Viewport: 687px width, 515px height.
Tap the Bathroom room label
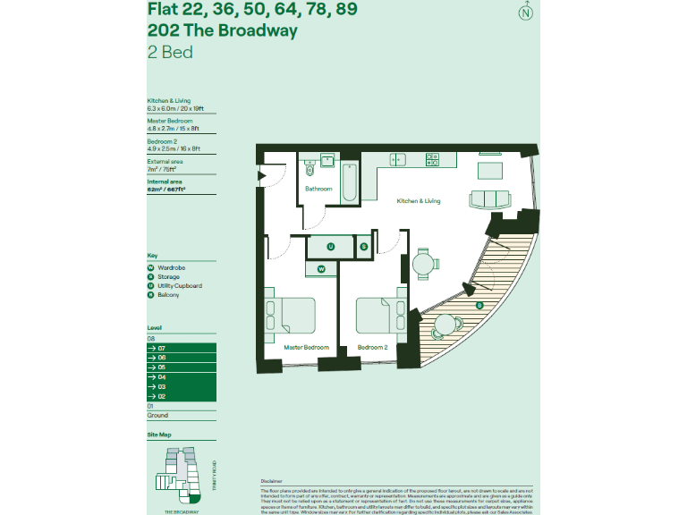point(318,189)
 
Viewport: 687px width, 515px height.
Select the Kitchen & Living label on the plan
point(419,201)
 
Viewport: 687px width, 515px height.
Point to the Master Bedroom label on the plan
point(306,347)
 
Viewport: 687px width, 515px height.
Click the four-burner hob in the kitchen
point(433,160)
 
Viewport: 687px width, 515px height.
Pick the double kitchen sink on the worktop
point(397,160)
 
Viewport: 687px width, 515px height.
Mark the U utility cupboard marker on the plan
point(330,247)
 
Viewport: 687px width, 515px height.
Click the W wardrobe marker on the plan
point(321,268)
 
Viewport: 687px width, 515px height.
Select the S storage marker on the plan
point(364,247)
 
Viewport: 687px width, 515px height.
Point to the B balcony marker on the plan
point(479,306)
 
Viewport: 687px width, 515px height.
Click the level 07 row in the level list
point(181,348)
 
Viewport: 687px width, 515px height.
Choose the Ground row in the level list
point(181,415)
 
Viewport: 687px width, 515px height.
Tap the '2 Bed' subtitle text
point(170,52)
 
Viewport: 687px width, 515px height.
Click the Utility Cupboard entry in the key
point(179,286)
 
